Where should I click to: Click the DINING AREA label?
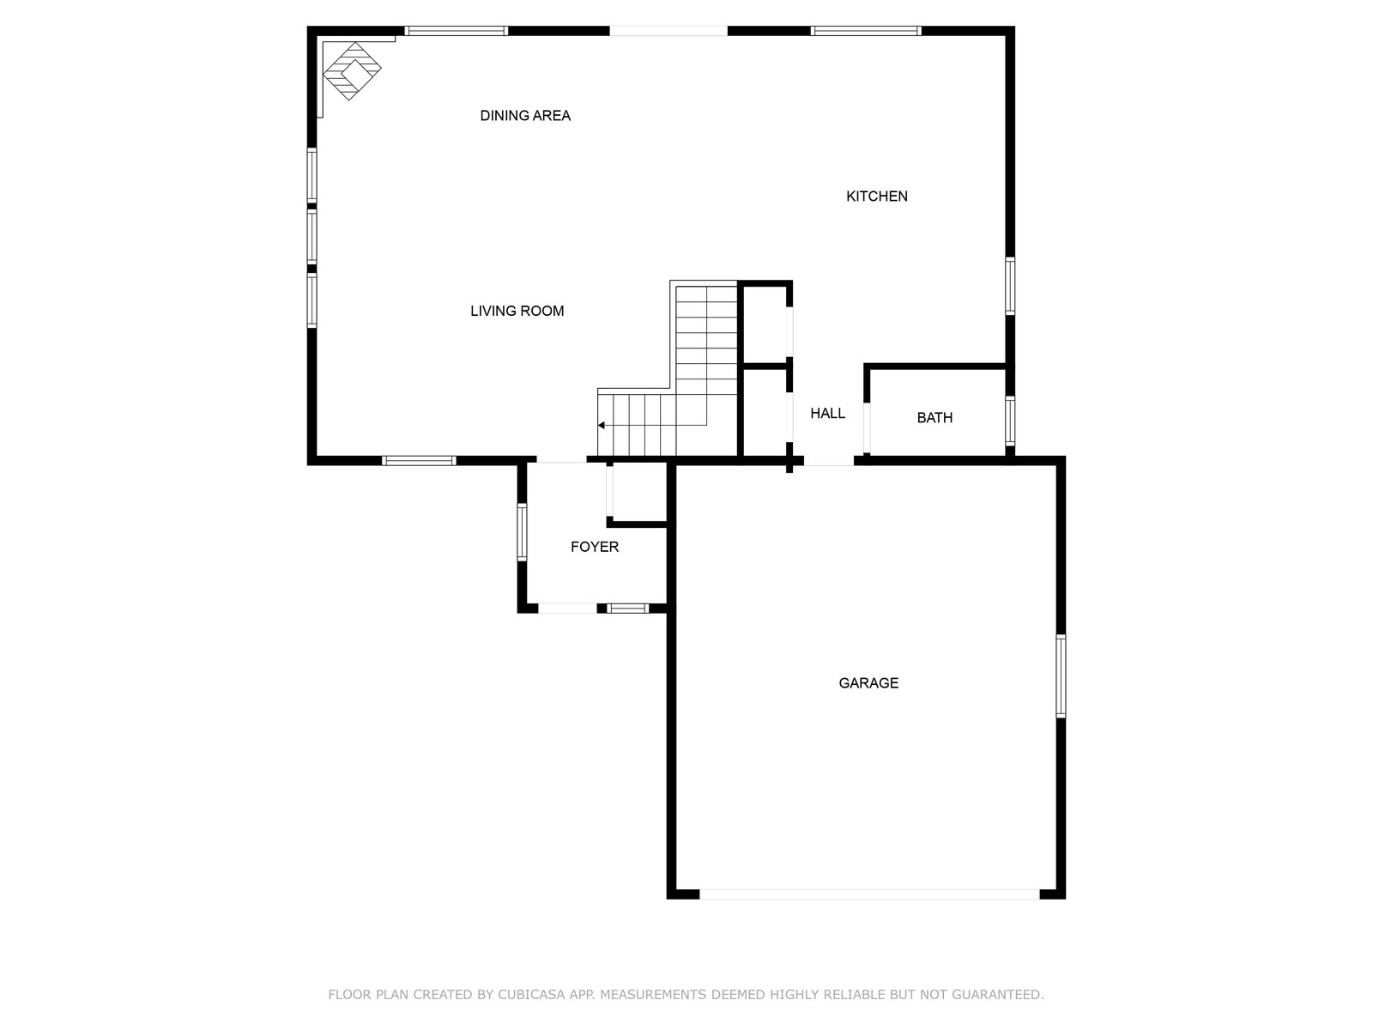(x=525, y=116)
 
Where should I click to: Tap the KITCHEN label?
(x=876, y=197)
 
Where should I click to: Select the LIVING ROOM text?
(x=517, y=311)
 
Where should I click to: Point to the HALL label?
(x=827, y=414)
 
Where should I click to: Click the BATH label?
(x=934, y=418)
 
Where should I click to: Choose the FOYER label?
(x=594, y=548)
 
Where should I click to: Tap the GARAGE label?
(x=868, y=683)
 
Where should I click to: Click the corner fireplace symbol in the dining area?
(x=352, y=70)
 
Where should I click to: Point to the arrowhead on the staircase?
(x=602, y=426)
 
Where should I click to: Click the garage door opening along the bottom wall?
(x=868, y=894)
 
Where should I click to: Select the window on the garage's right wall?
(x=1061, y=676)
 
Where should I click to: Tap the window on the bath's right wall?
(x=1009, y=421)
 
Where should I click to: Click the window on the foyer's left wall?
(x=522, y=531)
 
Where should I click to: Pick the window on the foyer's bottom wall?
(x=628, y=609)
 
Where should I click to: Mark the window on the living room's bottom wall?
(x=419, y=461)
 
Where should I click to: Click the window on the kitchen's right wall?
(x=1009, y=286)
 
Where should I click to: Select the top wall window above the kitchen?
(x=866, y=31)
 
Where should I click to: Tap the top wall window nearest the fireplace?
(x=456, y=31)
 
